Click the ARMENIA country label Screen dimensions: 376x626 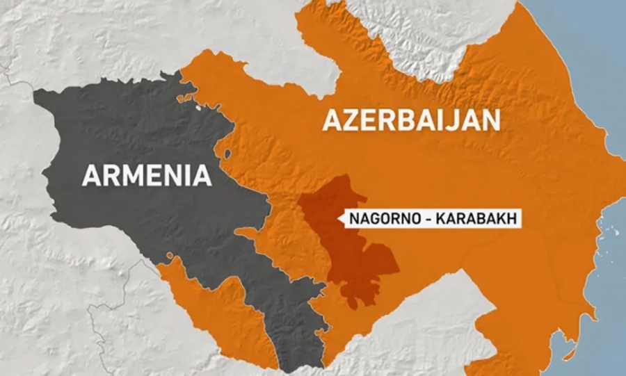[147, 174]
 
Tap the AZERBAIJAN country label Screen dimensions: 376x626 [411, 120]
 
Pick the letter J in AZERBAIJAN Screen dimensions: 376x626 [454, 120]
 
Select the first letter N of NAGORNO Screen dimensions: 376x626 [354, 219]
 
